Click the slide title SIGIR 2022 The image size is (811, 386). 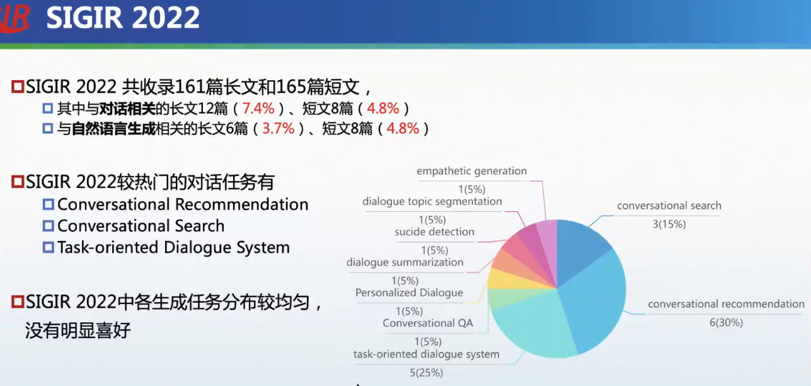click(123, 18)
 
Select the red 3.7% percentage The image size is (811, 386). click(279, 129)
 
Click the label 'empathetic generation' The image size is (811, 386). click(471, 171)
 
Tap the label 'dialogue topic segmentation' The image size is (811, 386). click(432, 202)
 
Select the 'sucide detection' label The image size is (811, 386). click(434, 232)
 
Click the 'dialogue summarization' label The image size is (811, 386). click(405, 262)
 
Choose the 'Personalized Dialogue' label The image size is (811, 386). click(409, 293)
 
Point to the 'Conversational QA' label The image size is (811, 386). click(427, 324)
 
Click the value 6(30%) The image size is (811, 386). click(726, 322)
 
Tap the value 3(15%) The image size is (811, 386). click(669, 224)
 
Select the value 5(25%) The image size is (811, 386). click(426, 372)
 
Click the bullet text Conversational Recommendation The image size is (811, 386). click(183, 205)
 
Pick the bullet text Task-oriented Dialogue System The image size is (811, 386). click(173, 248)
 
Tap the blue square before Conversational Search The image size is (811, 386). click(49, 226)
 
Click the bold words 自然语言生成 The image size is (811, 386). click(113, 129)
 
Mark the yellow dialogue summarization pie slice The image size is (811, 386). click(501, 278)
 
